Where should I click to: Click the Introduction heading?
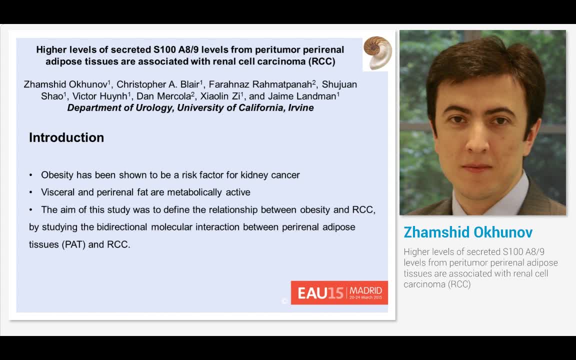(66, 137)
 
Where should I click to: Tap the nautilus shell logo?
(377, 53)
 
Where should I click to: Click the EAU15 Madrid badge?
(339, 293)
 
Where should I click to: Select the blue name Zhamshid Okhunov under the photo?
(468, 232)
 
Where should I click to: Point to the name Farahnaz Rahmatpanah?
(260, 84)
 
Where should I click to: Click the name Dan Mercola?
(164, 96)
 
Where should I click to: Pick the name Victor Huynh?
(100, 96)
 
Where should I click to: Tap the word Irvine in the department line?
(301, 107)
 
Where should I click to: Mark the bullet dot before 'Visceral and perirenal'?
(31, 192)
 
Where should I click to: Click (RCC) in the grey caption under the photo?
(458, 284)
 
